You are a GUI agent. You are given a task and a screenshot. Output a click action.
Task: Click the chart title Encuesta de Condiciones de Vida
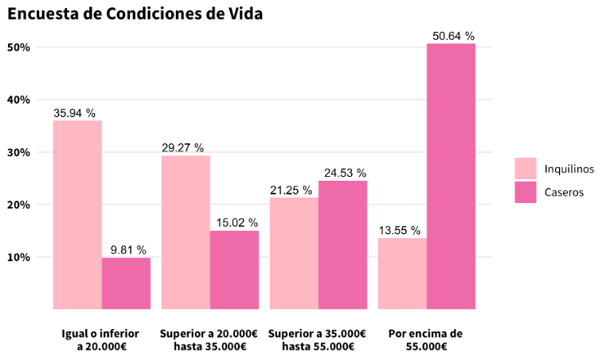tap(135, 14)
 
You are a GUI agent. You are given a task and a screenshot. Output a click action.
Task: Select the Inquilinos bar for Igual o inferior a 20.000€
tap(77, 214)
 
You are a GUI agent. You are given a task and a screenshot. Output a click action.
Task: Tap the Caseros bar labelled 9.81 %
tap(126, 283)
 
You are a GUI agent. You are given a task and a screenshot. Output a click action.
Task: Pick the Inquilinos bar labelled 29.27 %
tap(186, 232)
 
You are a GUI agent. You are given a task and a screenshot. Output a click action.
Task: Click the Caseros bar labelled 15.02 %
tap(234, 269)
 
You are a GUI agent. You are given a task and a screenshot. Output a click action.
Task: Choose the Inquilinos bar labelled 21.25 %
tap(294, 252)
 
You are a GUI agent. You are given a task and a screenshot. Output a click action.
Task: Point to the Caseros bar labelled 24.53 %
tap(342, 245)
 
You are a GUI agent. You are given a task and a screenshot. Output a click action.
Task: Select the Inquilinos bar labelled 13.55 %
tap(402, 273)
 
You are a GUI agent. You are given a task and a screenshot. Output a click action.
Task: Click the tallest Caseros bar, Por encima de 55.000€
tap(451, 176)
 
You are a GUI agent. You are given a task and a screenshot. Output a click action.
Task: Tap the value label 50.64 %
tap(453, 36)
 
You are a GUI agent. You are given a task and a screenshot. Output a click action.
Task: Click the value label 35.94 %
tap(74, 113)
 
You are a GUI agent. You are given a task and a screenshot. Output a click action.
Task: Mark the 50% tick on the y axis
tap(18, 47)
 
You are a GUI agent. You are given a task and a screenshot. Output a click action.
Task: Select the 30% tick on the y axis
tap(18, 152)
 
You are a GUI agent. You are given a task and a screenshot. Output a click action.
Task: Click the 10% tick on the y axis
tap(18, 257)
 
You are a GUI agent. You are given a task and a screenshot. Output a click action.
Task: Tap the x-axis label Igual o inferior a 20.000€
tap(102, 340)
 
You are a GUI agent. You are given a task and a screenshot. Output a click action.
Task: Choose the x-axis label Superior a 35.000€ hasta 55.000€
tap(318, 340)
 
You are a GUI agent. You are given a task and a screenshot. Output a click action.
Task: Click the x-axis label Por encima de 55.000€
tap(426, 340)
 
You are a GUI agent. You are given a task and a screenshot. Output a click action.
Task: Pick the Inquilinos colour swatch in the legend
tap(526, 169)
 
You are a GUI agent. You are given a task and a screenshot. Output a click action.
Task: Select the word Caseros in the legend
tap(565, 192)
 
